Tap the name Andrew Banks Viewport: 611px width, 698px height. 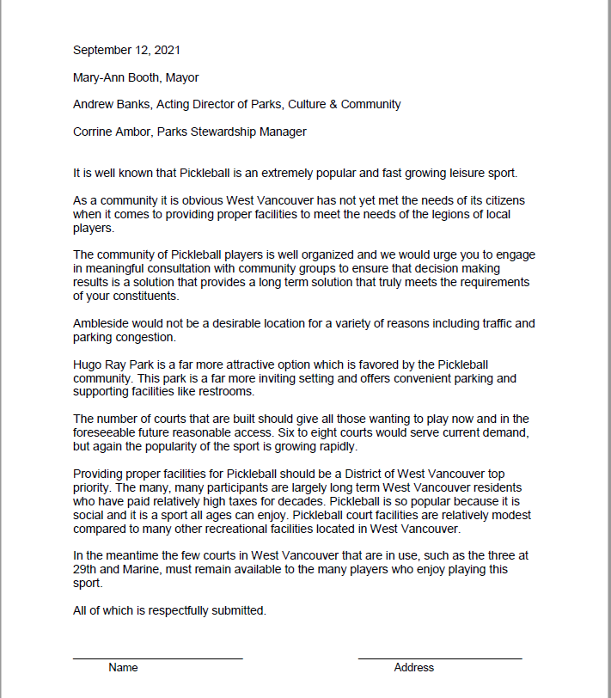tap(113, 104)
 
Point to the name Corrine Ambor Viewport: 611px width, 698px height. tap(112, 132)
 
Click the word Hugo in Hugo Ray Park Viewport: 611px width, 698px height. tap(88, 364)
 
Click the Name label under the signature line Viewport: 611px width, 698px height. tap(123, 667)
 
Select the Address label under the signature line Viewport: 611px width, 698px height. tap(413, 667)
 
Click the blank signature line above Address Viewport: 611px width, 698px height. tap(439, 658)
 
